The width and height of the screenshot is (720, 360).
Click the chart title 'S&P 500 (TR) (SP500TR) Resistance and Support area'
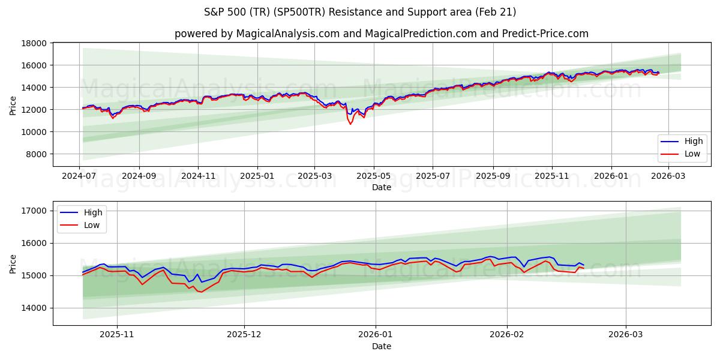(360, 12)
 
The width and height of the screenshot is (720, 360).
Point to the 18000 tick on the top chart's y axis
(35, 43)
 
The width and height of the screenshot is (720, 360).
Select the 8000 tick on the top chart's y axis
(37, 154)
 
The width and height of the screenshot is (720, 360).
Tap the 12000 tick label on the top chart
(35, 110)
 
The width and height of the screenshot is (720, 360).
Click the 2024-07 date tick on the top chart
(80, 176)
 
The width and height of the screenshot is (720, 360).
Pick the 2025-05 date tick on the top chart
(374, 176)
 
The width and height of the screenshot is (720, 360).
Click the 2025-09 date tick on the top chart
(493, 176)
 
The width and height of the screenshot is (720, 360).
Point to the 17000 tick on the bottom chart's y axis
(35, 211)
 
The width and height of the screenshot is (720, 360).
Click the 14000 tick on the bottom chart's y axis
(35, 308)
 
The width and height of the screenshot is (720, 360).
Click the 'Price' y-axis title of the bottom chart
(13, 263)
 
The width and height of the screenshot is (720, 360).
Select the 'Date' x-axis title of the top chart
(382, 187)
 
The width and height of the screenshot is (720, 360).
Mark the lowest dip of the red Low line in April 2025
(350, 124)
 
